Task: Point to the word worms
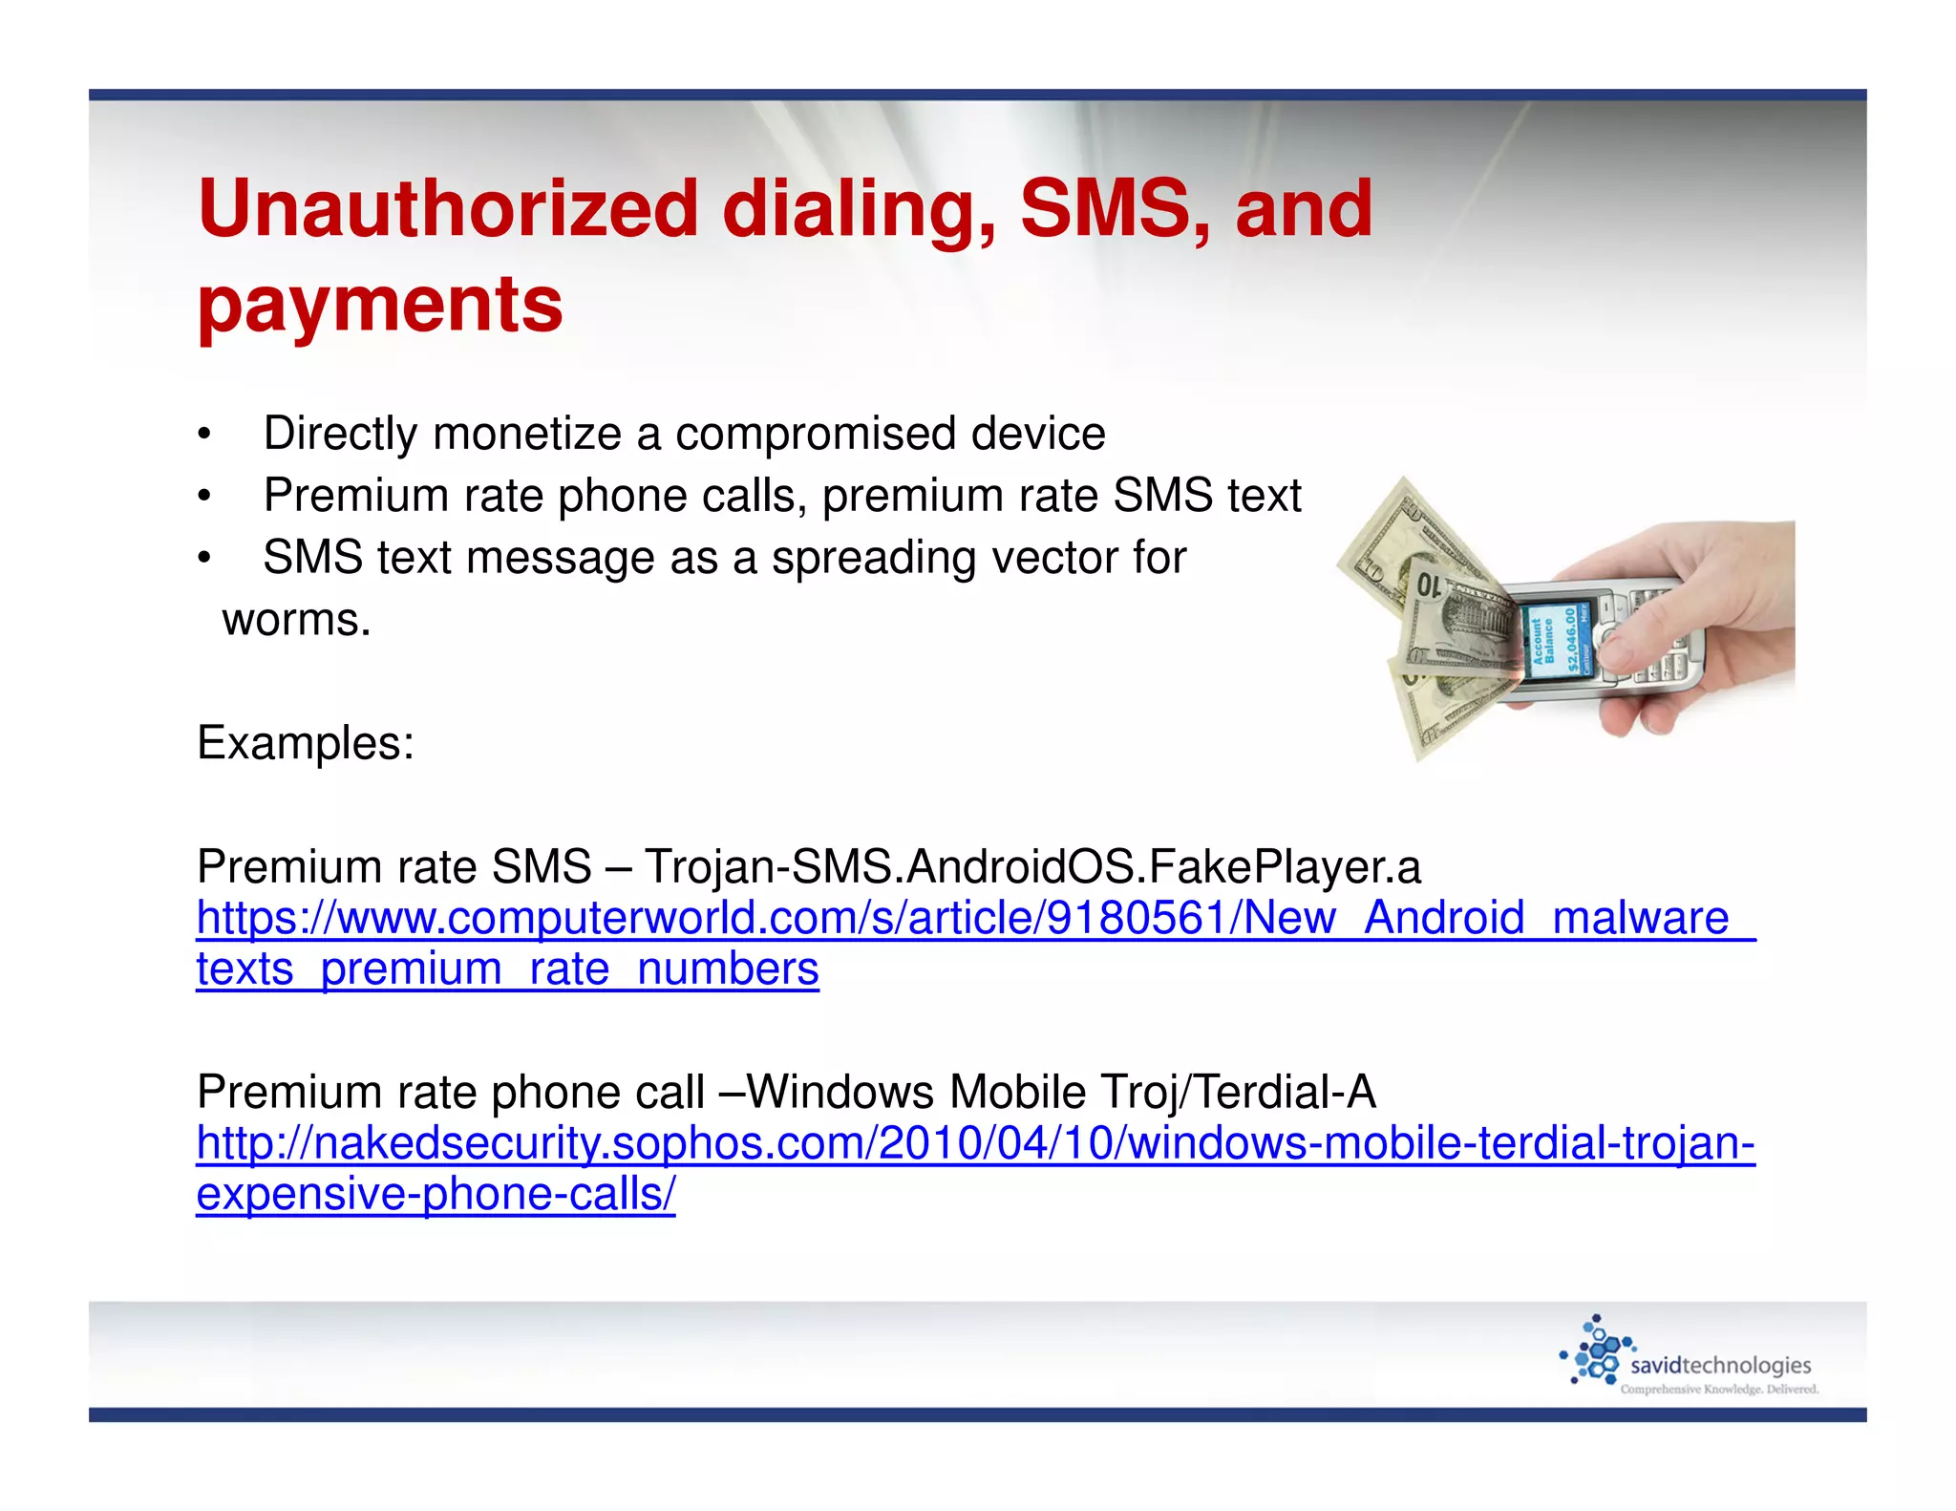tap(296, 620)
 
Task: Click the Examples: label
tap(306, 742)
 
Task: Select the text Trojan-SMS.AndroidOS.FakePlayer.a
tap(1032, 866)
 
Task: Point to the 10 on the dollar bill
tap(1430, 585)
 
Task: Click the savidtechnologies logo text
tap(1720, 1365)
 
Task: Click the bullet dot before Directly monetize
tap(203, 436)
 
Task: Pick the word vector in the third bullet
tap(1044, 558)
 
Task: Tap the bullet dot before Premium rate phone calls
tap(203, 498)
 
